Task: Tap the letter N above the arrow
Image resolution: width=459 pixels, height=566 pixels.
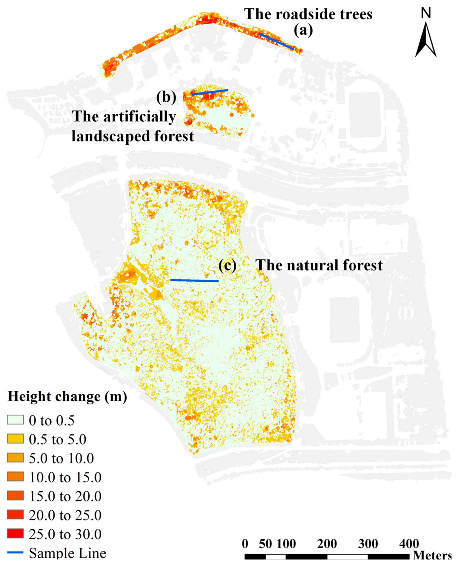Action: [426, 13]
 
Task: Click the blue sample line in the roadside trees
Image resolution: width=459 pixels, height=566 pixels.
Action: [276, 41]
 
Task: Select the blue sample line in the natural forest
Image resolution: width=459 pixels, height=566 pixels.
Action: [194, 280]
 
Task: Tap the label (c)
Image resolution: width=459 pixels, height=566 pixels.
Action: [227, 265]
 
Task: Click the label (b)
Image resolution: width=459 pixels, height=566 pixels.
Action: [166, 97]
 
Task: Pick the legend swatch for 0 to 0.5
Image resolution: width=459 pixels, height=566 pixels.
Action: [15, 420]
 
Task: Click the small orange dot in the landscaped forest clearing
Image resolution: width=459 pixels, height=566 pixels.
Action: [232, 114]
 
